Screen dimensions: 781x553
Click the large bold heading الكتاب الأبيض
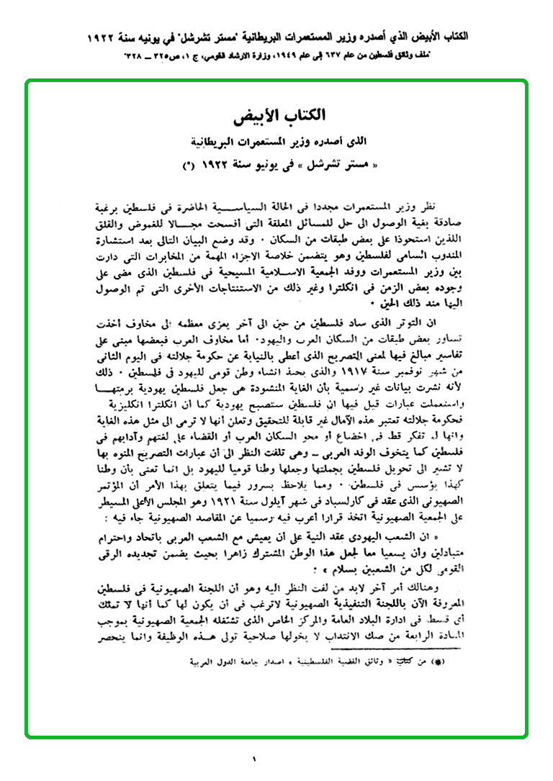click(278, 116)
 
